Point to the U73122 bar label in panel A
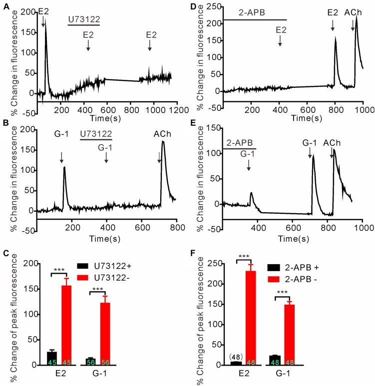[x=83, y=19]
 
